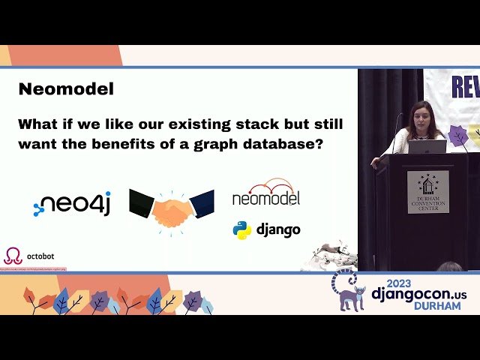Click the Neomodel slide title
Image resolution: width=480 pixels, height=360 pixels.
click(66, 89)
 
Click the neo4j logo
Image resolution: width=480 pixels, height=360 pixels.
click(72, 204)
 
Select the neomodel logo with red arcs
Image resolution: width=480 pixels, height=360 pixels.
click(265, 193)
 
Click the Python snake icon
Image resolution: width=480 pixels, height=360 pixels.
click(241, 229)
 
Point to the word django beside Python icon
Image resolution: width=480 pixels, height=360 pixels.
click(277, 229)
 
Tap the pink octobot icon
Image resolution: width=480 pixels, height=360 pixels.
click(13, 256)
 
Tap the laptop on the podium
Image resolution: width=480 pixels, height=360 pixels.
click(427, 146)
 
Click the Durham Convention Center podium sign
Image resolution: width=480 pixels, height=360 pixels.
click(428, 191)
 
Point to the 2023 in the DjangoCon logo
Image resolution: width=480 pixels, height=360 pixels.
click(404, 281)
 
